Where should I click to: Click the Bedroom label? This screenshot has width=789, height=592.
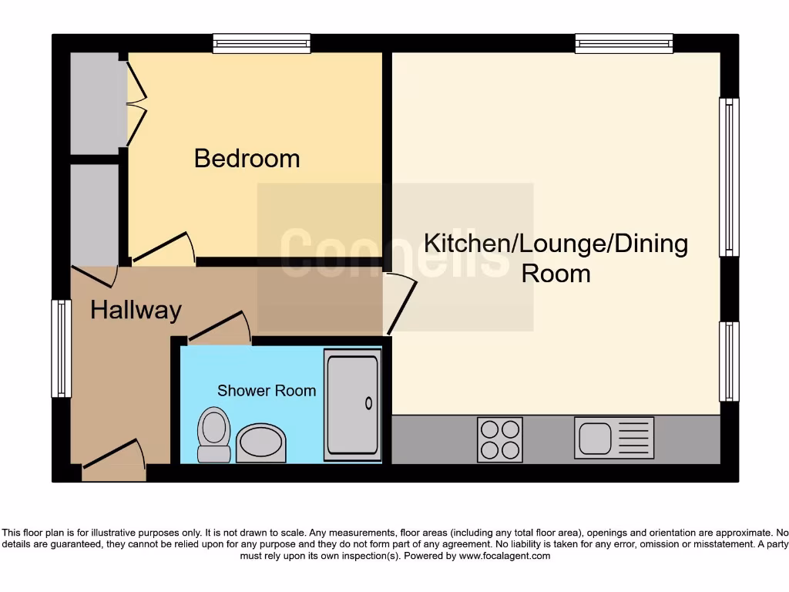pos(247,159)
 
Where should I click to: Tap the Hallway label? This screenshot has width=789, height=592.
pos(136,310)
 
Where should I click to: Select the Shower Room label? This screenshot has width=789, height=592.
pos(266,391)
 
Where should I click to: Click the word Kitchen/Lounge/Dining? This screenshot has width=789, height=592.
pos(556,244)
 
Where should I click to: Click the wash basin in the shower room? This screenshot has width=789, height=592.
pos(260,443)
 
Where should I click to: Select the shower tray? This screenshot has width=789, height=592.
pos(353,405)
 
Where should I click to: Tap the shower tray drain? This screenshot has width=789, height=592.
pos(368,403)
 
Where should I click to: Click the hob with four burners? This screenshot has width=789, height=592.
pos(499,439)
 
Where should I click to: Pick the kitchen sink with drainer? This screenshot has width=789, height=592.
pos(613,438)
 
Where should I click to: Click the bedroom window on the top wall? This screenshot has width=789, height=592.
pos(262,43)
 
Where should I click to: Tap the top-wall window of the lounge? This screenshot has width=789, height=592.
pos(624,43)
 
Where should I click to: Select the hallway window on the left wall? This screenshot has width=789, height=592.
pos(61,348)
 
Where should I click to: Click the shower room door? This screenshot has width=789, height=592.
pos(220,328)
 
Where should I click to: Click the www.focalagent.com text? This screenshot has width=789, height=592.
pos(505,556)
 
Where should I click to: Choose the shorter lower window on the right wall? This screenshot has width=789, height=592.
pos(729,362)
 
